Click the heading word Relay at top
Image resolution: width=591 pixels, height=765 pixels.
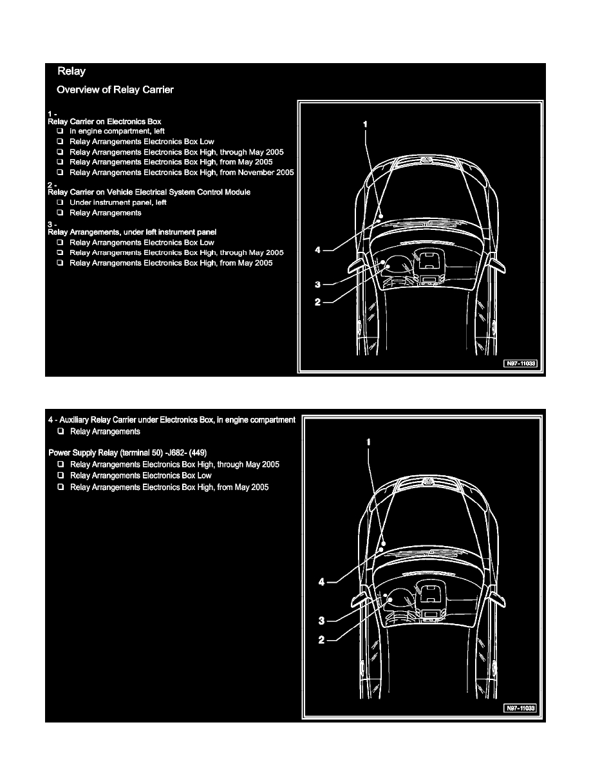(x=71, y=71)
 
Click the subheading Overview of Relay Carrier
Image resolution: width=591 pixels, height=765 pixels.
(x=115, y=90)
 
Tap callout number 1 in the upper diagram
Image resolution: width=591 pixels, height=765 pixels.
(x=365, y=122)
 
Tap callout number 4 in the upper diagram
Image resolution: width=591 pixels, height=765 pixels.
(x=318, y=250)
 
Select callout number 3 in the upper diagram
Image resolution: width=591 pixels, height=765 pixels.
(x=318, y=284)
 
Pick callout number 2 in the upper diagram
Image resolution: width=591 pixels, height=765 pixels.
(x=318, y=302)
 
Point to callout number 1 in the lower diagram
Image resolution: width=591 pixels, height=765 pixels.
(x=369, y=442)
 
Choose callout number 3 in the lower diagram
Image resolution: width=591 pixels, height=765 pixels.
(x=322, y=621)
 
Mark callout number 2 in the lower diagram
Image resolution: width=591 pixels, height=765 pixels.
(x=322, y=640)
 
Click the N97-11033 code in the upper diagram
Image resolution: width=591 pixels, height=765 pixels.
(x=520, y=364)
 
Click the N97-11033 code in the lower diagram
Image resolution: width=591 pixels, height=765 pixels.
(x=520, y=708)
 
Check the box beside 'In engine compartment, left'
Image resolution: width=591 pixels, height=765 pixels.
(x=59, y=131)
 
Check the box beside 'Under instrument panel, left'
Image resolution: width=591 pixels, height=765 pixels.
(x=59, y=202)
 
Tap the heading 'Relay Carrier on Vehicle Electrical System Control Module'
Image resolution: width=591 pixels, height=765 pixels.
(x=149, y=192)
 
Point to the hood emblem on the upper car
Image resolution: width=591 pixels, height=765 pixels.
(x=424, y=159)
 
